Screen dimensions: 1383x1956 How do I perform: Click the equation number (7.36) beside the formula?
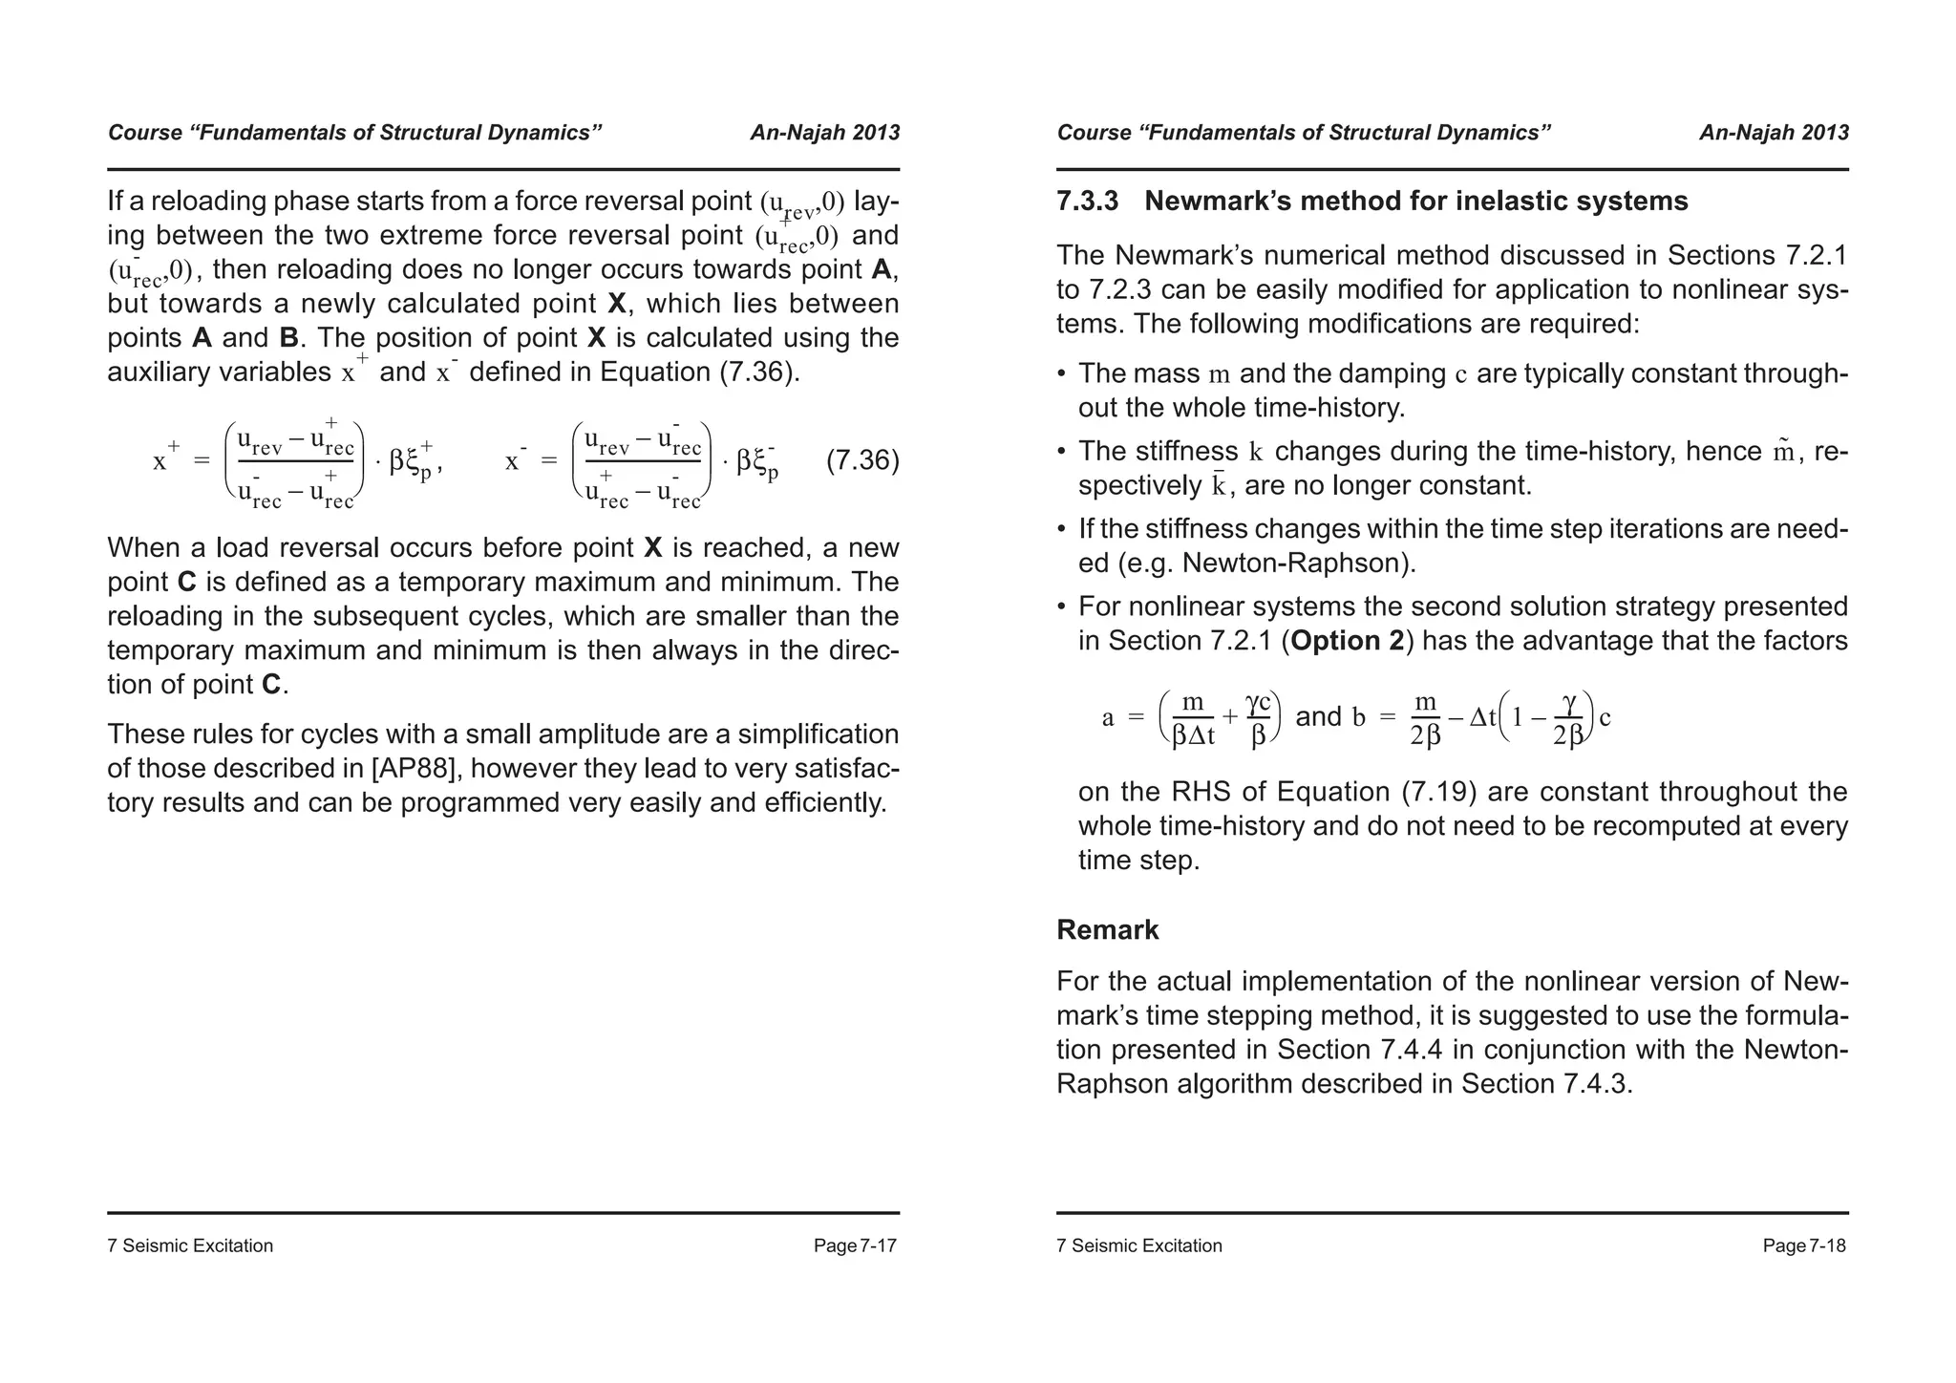tap(862, 460)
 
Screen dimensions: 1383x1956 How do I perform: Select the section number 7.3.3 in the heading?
tap(1087, 202)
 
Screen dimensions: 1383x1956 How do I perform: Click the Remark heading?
tap(1107, 929)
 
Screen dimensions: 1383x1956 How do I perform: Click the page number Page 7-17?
tap(855, 1245)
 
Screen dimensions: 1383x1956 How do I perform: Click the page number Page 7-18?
tap(1804, 1245)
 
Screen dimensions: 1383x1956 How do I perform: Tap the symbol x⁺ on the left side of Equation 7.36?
tap(165, 459)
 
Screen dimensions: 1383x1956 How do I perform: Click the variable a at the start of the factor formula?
tap(1108, 717)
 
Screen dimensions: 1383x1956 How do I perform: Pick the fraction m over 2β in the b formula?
tap(1425, 718)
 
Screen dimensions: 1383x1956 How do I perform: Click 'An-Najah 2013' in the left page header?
tap(824, 133)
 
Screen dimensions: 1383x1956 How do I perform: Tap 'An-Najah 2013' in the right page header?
tap(1774, 133)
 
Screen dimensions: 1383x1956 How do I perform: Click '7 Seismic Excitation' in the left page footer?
tap(190, 1245)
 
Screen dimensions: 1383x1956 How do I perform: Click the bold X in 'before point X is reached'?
tap(653, 547)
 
